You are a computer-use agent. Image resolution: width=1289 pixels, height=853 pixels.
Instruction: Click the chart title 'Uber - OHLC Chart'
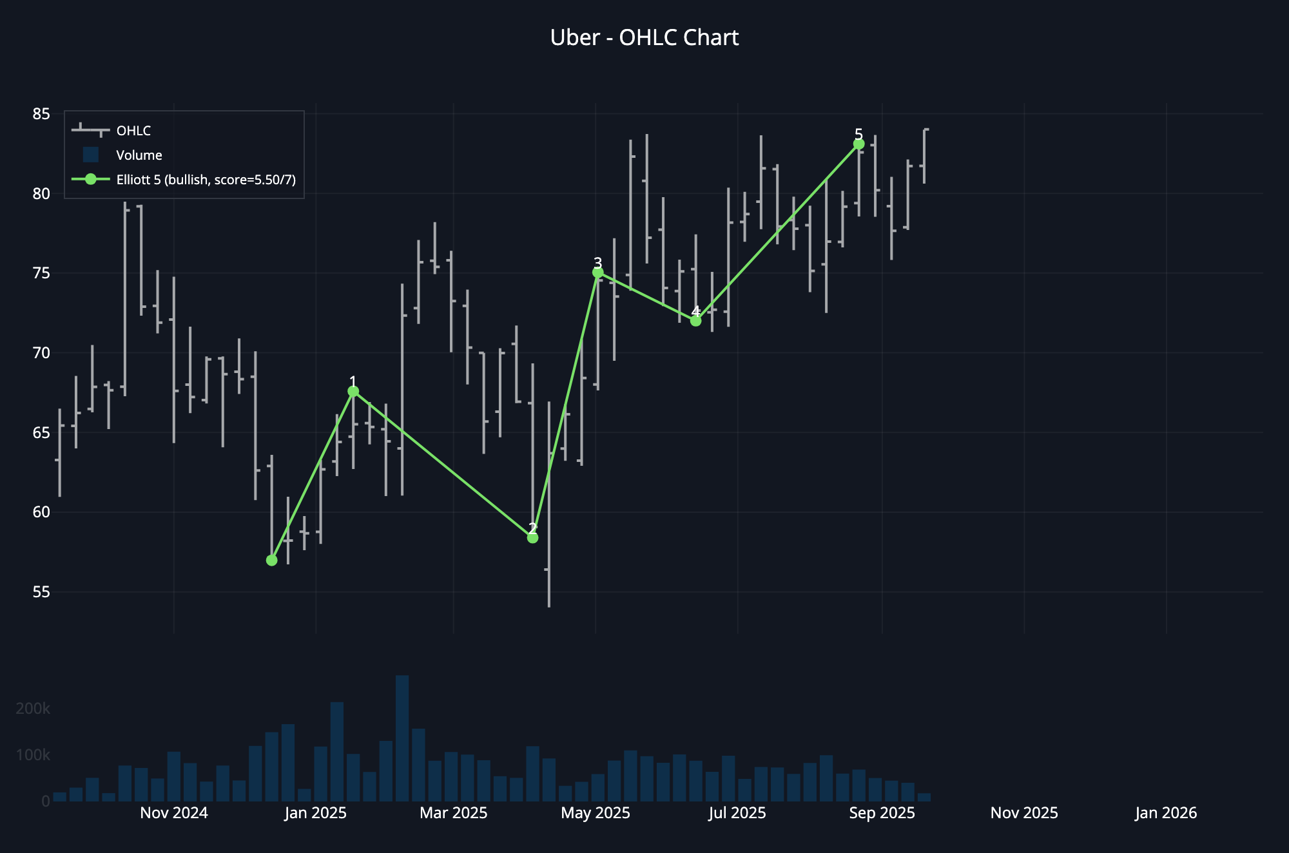tap(644, 38)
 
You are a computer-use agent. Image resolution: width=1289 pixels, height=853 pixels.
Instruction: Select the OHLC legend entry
tap(133, 131)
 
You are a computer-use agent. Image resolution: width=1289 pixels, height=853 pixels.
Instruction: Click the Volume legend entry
tap(139, 155)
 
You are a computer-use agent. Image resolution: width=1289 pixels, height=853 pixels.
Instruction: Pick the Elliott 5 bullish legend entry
tap(206, 180)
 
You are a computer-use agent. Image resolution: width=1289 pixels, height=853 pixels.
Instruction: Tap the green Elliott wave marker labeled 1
tap(353, 391)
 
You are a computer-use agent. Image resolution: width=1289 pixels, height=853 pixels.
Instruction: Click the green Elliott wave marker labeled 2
tap(532, 538)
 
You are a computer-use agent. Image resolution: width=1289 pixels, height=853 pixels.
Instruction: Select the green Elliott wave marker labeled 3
tap(597, 273)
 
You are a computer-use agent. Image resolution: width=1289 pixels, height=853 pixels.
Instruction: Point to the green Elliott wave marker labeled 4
tap(695, 321)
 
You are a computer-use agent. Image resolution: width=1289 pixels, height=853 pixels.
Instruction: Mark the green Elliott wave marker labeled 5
tap(858, 144)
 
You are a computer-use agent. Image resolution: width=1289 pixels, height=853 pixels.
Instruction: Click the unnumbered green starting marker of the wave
tap(271, 561)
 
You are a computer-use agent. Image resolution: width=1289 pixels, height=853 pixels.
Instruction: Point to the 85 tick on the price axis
tap(41, 114)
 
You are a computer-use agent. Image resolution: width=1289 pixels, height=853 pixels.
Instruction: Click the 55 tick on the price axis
tap(41, 591)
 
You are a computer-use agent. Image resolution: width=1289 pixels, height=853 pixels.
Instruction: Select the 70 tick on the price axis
tap(41, 352)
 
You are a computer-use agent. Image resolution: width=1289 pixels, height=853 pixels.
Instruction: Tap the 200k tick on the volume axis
tap(33, 709)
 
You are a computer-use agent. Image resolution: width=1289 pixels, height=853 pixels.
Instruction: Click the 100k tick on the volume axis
tap(33, 755)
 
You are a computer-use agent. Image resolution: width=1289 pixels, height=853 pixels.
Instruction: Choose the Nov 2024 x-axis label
tap(174, 813)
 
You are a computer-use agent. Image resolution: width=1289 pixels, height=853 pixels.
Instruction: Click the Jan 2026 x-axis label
tap(1166, 813)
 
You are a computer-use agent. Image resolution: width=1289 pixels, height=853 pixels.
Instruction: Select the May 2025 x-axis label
tap(596, 813)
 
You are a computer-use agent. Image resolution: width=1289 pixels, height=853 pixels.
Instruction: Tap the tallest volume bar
tap(402, 738)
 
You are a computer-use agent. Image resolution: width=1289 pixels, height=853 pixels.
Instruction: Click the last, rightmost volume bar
tap(924, 798)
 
